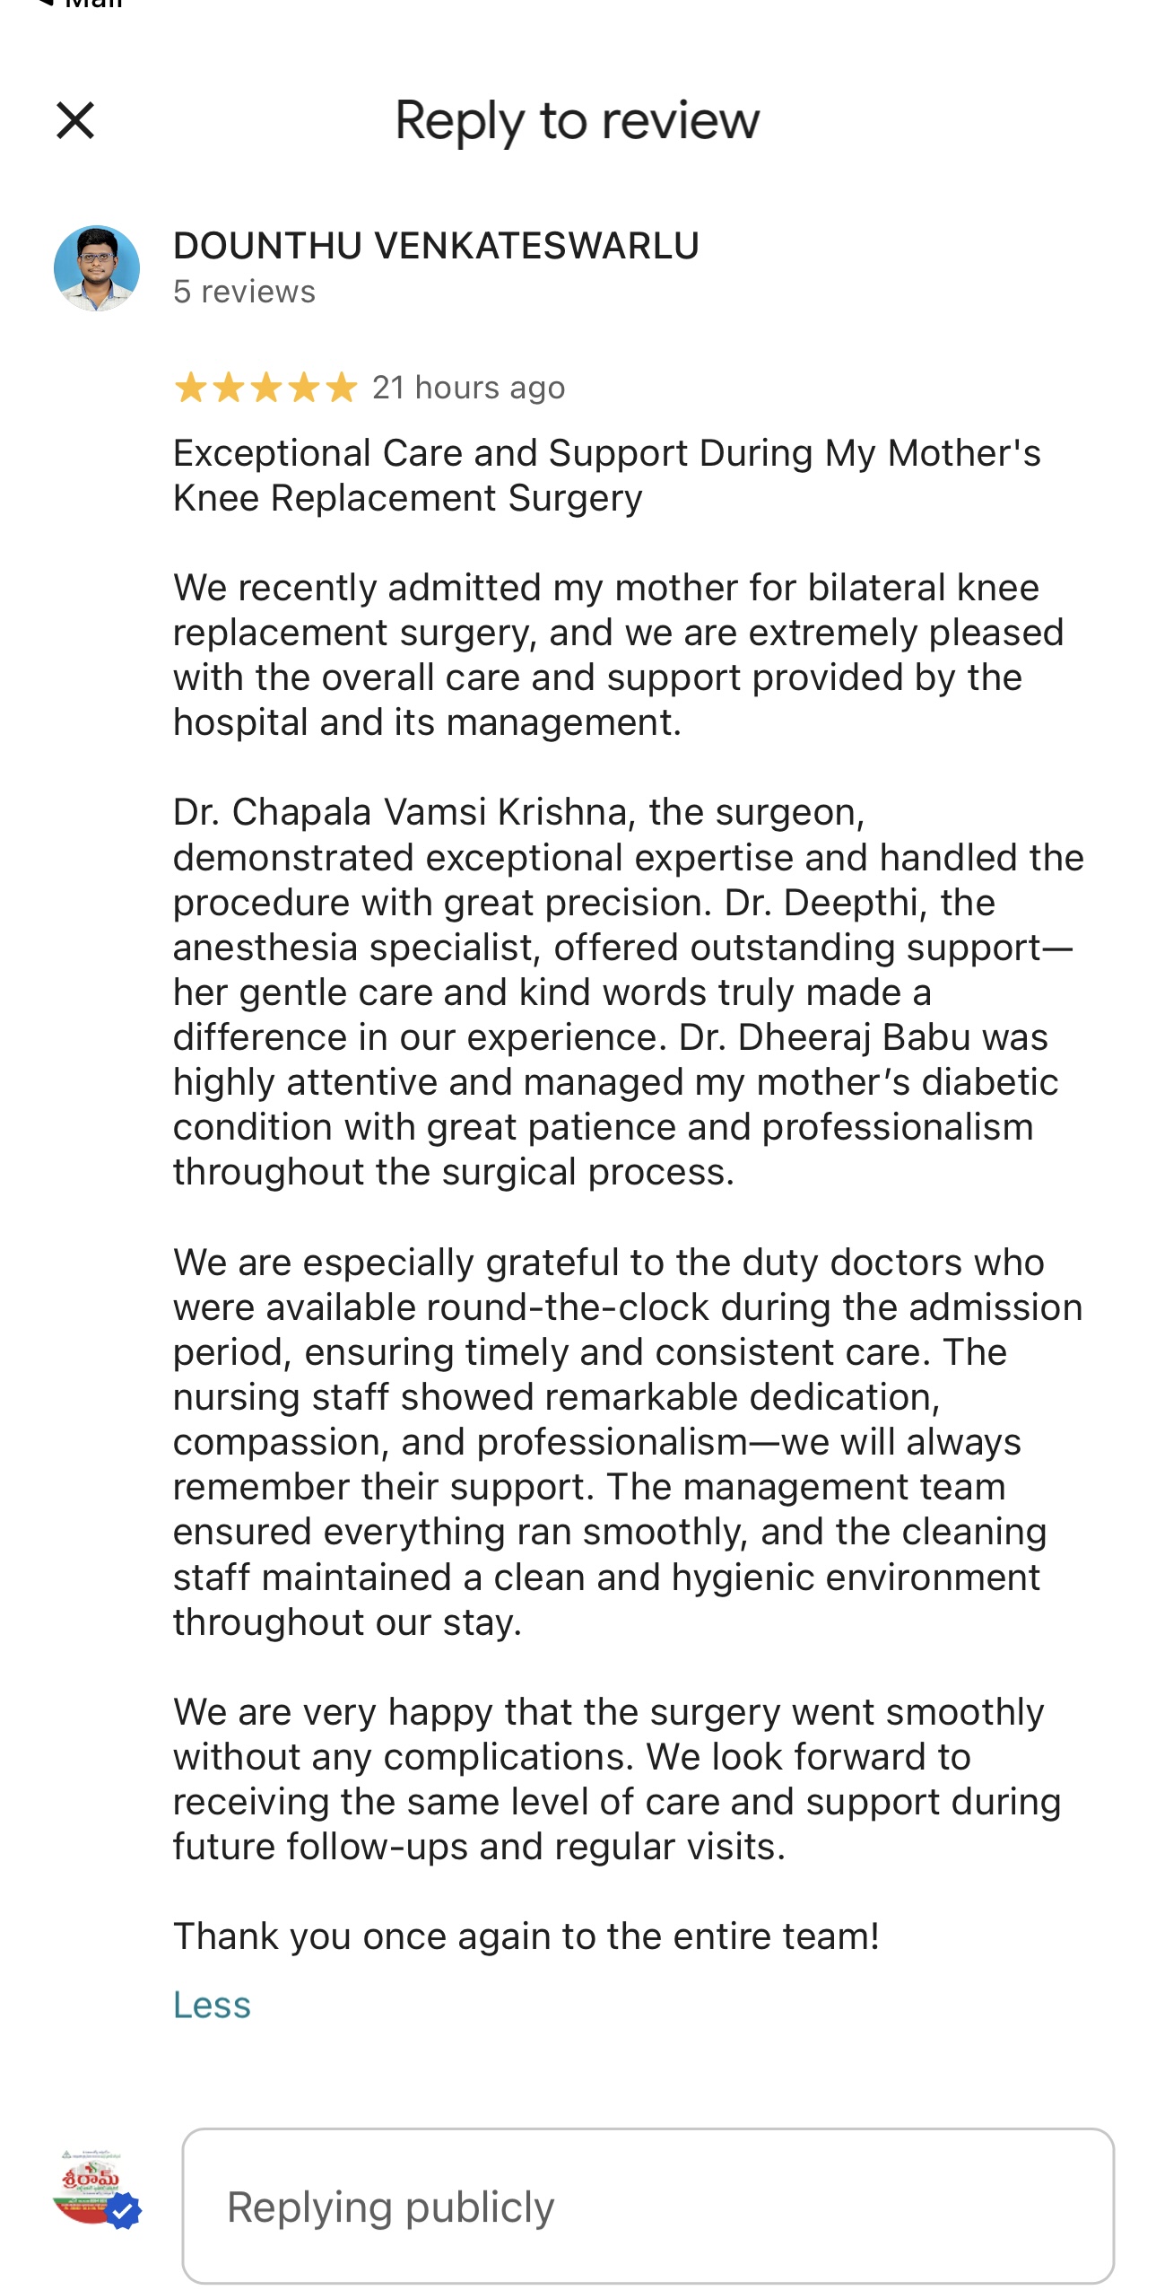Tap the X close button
[x=75, y=120]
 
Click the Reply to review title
[x=577, y=120]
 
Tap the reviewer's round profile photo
[x=97, y=268]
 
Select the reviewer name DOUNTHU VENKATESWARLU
[x=436, y=246]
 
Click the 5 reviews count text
[x=244, y=292]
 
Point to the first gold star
[x=190, y=389]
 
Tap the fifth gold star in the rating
[x=341, y=389]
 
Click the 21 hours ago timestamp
[x=468, y=388]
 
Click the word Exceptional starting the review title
[x=272, y=453]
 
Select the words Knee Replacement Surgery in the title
[x=407, y=498]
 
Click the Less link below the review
[x=212, y=2005]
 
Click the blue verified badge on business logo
[x=124, y=2211]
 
